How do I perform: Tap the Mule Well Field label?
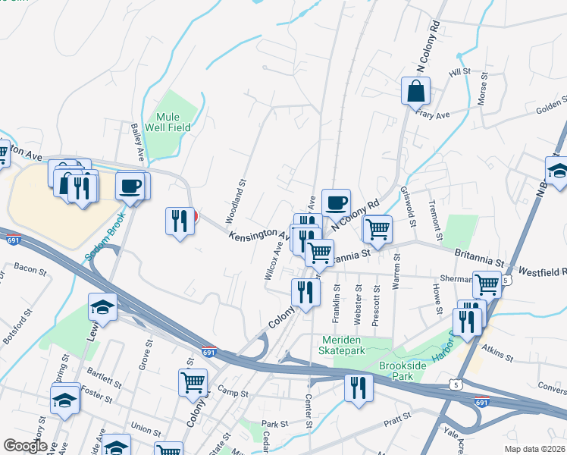[x=174, y=123]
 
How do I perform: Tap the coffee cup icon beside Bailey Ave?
[x=132, y=186]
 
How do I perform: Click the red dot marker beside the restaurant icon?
[x=195, y=217]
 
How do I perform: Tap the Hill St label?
[x=459, y=72]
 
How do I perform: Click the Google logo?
[x=25, y=445]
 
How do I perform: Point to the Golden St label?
[x=551, y=106]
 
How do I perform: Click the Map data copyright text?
[x=534, y=448]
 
